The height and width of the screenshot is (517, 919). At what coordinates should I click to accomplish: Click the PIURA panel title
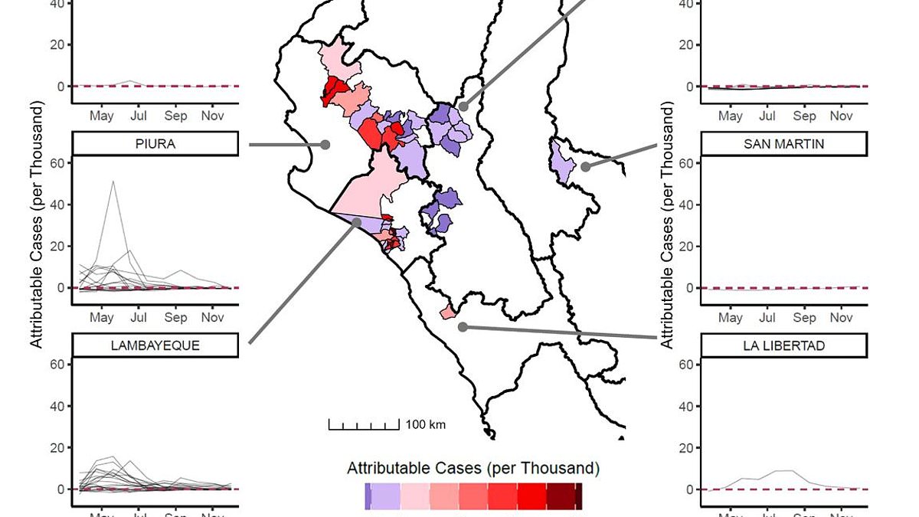tap(155, 143)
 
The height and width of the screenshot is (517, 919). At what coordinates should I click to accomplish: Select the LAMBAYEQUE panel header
tap(155, 345)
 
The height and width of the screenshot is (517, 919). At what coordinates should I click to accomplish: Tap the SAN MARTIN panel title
tap(783, 143)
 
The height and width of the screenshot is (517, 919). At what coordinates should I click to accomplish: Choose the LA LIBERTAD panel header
tap(783, 345)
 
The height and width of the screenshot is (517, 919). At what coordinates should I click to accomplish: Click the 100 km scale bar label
tap(425, 424)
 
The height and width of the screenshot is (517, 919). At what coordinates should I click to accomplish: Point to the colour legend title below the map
tap(473, 467)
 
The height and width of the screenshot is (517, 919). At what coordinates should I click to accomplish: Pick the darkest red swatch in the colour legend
tap(579, 496)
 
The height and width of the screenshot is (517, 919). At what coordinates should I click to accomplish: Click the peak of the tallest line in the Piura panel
tap(113, 182)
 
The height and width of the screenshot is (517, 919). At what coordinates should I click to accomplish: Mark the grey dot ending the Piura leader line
tap(325, 144)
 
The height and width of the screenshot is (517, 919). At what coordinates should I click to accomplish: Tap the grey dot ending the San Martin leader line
tap(584, 166)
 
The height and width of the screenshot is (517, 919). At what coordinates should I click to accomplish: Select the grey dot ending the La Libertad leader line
tap(462, 327)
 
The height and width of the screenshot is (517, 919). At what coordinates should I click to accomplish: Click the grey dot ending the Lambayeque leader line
tap(357, 222)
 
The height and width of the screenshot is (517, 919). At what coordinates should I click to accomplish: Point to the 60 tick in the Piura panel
tap(61, 163)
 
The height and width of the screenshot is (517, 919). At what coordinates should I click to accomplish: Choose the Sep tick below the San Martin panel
tap(804, 317)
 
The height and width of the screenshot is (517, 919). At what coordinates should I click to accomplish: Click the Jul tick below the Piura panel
tap(139, 317)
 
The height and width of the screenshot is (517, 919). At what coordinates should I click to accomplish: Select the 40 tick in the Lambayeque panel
tap(61, 406)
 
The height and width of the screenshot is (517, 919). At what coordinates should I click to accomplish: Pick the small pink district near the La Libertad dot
tap(448, 312)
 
